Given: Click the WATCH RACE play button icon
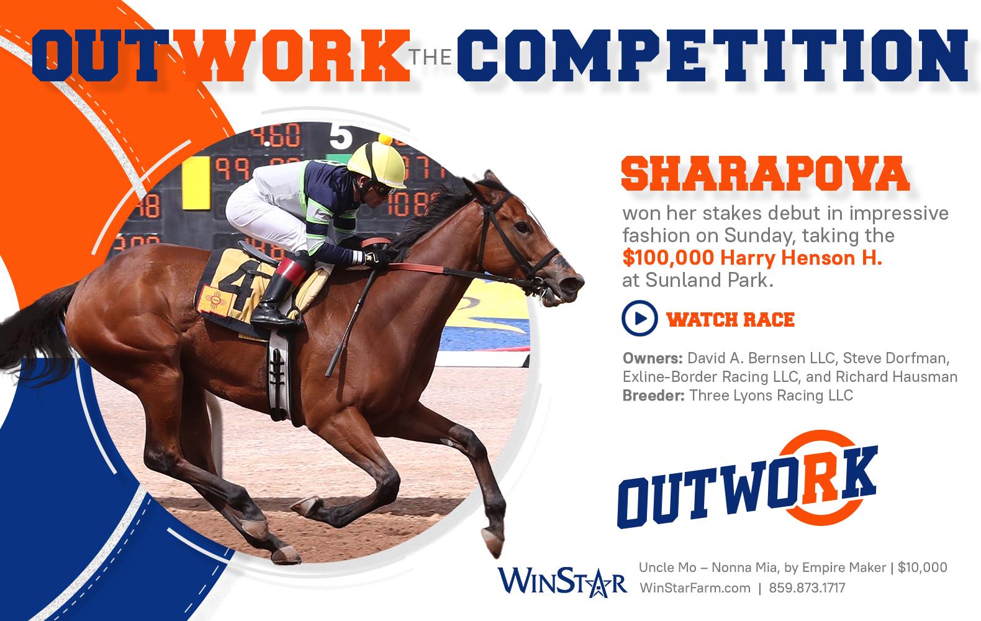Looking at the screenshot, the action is [640, 318].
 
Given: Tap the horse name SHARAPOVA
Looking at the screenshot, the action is [765, 174].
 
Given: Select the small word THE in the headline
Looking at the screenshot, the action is [430, 57].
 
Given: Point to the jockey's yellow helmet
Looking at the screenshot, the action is [377, 163].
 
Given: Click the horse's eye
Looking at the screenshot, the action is [522, 227].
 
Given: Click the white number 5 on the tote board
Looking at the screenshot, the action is [340, 136].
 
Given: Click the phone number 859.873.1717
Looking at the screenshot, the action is [807, 587].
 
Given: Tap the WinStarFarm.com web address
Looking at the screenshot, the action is [695, 587].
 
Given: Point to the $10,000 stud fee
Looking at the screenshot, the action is [922, 568].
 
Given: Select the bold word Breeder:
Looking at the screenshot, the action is [653, 396].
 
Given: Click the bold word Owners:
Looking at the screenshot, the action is [653, 358].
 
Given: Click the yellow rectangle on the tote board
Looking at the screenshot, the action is [196, 183].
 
